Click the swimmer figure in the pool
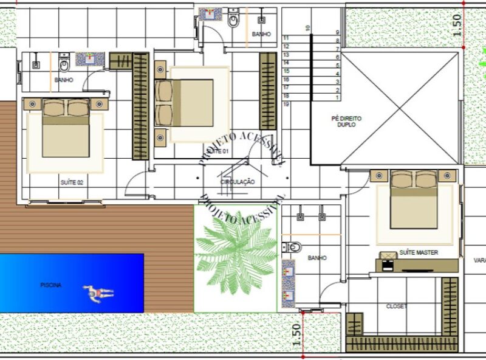(x=98, y=293)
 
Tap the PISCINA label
(x=50, y=285)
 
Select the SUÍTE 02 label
(x=72, y=182)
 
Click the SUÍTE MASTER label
(x=419, y=252)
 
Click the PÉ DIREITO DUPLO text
(x=343, y=122)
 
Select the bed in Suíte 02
(x=65, y=128)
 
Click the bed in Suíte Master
(x=413, y=200)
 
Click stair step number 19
(x=286, y=105)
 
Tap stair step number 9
(x=337, y=33)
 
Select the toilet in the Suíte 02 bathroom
(x=64, y=61)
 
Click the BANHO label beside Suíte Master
(x=317, y=258)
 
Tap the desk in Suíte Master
(x=419, y=265)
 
